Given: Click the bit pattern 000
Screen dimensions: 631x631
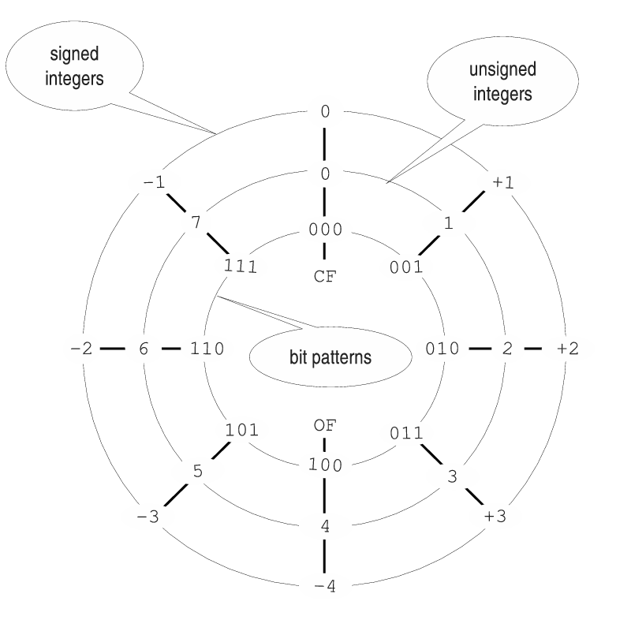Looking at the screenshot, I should [325, 230].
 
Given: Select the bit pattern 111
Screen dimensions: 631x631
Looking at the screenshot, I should [241, 266].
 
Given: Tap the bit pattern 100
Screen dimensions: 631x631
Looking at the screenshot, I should [325, 465].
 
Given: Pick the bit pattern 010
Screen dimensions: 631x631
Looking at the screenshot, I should [442, 348].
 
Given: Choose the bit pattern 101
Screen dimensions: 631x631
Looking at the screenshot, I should [241, 431].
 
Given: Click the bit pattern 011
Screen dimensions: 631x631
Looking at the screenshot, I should [406, 433].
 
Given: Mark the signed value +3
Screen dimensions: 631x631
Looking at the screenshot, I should [495, 517].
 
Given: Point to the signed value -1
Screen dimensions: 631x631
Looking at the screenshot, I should [154, 183].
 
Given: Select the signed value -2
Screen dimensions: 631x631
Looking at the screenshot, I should [82, 348].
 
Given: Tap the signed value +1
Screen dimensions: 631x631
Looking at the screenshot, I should [502, 182].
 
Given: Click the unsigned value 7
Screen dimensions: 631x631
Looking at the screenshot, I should [196, 222].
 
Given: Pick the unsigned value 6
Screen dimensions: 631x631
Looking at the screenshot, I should [144, 348].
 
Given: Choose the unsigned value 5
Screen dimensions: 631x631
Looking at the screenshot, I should [198, 472].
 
